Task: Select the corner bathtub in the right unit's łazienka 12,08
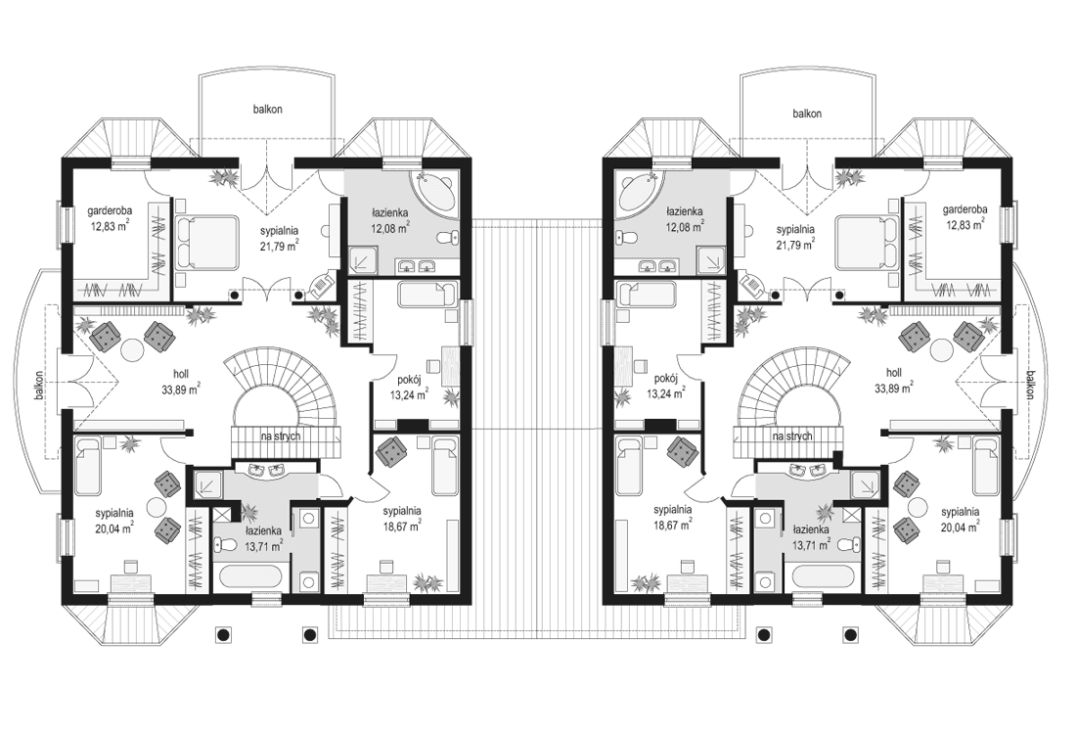click(x=637, y=192)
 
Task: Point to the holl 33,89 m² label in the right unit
click(x=892, y=380)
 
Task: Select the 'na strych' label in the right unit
click(x=791, y=436)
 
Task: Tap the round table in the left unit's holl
click(x=132, y=345)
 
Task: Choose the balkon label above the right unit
click(x=807, y=114)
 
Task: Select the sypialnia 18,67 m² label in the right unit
click(x=674, y=518)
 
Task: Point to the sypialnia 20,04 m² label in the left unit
click(x=114, y=520)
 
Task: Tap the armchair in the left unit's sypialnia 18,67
click(x=392, y=452)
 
